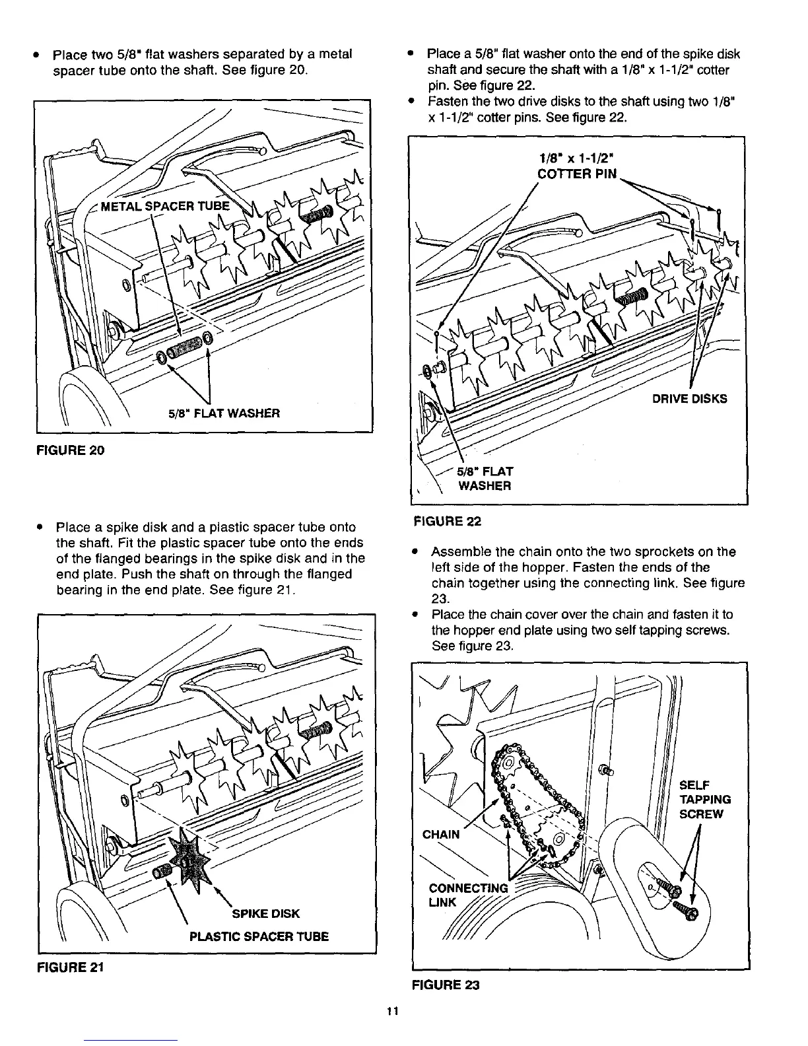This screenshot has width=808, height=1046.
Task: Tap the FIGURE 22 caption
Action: [447, 521]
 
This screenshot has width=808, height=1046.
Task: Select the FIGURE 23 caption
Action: [446, 985]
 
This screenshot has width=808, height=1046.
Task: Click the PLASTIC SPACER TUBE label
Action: [259, 936]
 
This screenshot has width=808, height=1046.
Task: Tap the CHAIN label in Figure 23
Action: [441, 833]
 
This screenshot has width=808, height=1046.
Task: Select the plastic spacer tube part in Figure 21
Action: [162, 873]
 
